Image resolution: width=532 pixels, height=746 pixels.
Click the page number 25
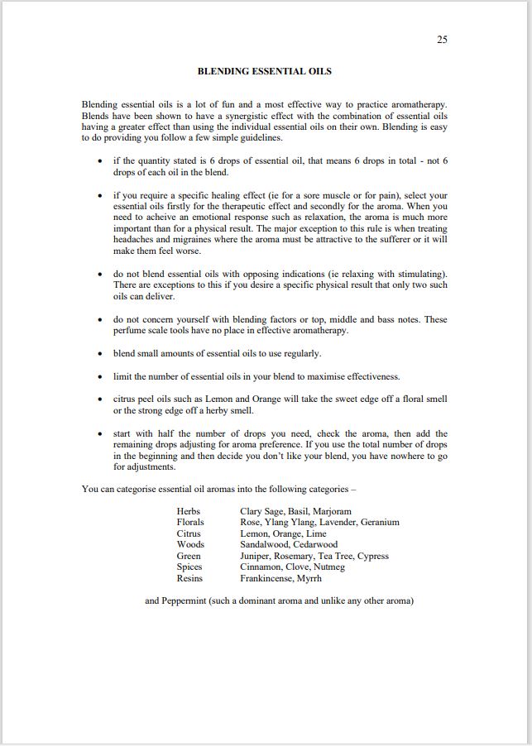point(442,40)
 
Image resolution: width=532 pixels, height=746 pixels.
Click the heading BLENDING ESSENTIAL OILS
point(264,71)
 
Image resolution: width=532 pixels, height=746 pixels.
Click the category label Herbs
point(189,511)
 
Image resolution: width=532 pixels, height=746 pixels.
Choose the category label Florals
point(190,522)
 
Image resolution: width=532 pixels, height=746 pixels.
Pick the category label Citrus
point(189,533)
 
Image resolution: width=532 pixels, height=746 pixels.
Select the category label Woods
point(190,545)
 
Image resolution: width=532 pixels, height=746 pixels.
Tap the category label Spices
point(190,567)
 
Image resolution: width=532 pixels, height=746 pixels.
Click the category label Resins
point(189,579)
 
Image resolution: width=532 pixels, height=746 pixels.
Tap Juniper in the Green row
point(256,556)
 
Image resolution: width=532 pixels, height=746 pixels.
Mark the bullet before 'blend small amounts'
point(100,354)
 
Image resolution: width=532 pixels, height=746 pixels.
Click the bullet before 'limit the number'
point(100,377)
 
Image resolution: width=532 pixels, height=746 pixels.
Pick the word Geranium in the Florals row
point(380,522)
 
